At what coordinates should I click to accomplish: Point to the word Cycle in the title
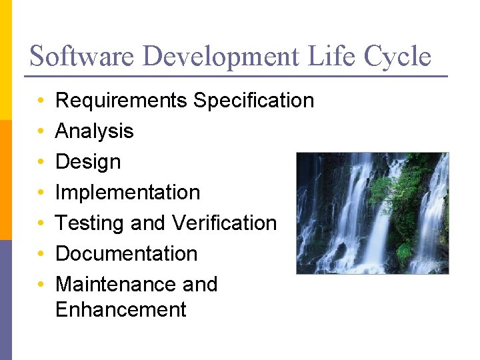coord(398,57)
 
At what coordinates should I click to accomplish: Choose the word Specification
coord(253,101)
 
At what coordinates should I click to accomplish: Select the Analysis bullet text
coord(94,131)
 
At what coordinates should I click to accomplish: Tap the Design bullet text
coord(88,162)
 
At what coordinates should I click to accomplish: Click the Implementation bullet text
coord(127,193)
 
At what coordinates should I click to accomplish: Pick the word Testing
coord(90,223)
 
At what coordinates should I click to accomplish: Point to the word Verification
coord(223,223)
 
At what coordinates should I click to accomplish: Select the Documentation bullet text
coord(126,253)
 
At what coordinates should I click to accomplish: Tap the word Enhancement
coord(121,310)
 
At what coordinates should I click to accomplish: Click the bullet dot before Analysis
coord(41,132)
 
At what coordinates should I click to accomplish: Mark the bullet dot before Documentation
coord(41,254)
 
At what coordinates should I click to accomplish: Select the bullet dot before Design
coord(41,162)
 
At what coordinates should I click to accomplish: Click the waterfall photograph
coord(372,213)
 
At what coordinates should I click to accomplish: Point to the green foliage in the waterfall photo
coord(400,193)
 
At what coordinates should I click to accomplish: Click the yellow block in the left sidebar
coord(5,60)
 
